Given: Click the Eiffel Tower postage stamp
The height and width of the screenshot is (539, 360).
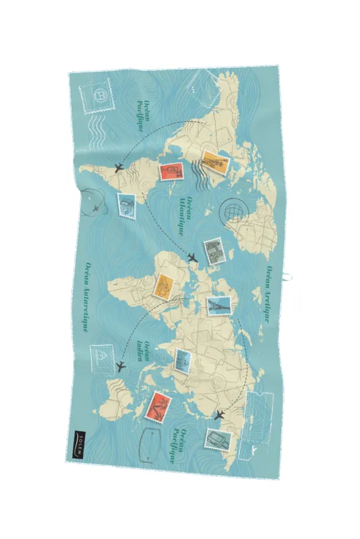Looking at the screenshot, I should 219,306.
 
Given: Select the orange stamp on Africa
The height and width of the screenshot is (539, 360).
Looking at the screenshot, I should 164,287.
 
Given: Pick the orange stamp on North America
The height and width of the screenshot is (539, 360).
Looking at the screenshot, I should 215,162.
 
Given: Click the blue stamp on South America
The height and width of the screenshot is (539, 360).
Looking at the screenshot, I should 126,205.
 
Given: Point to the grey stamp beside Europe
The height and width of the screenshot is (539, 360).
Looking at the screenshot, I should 214,251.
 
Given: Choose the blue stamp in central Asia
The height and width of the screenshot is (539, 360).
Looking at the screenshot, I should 183,361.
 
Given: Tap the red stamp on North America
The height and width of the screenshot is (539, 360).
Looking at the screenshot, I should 171,172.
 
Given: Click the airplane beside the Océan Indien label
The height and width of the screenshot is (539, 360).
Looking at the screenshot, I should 121,367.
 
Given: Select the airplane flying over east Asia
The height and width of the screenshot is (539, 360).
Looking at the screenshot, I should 220,415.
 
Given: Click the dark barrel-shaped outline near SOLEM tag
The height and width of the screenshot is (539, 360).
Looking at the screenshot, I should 151,446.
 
